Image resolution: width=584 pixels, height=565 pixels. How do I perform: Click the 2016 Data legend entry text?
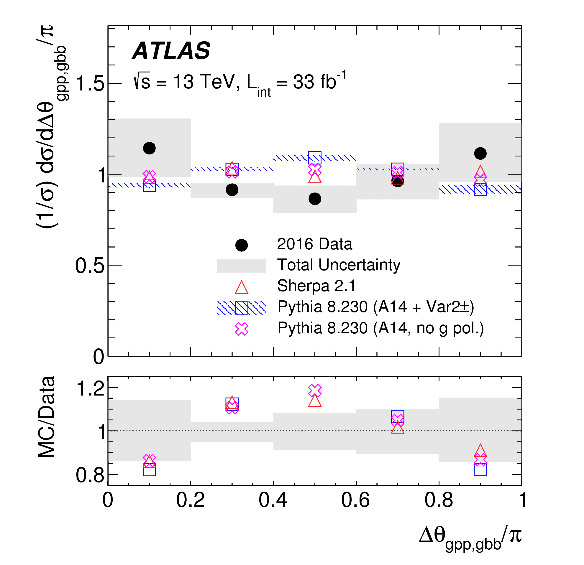tap(314, 244)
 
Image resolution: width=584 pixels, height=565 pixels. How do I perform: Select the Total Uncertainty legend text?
tap(339, 265)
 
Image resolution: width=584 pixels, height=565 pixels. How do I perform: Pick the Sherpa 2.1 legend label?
tap(316, 286)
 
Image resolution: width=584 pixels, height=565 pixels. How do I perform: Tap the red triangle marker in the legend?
tap(241, 288)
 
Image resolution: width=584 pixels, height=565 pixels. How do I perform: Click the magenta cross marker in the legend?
tap(241, 329)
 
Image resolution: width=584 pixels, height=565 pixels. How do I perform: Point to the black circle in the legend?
tap(241, 245)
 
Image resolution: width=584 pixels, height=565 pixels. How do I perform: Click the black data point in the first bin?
tap(149, 148)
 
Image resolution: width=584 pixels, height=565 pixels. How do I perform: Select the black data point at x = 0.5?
tap(315, 199)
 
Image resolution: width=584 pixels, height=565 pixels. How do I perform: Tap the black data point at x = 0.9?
tap(480, 154)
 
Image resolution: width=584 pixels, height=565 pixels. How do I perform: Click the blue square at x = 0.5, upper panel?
tap(315, 157)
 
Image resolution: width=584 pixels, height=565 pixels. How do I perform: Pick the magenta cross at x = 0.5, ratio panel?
tap(315, 391)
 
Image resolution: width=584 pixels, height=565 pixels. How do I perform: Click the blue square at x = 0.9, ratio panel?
tap(480, 470)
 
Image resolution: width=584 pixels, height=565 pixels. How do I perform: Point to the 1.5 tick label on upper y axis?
tap(90, 83)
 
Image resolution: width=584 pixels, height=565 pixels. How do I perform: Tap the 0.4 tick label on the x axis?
tap(273, 500)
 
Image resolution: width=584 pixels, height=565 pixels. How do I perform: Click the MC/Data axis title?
tap(47, 417)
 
